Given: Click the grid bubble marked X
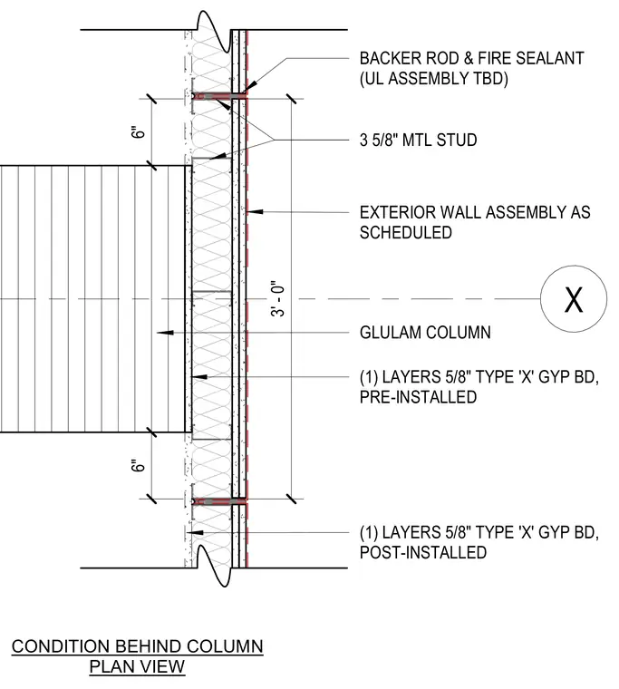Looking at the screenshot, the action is tap(574, 299).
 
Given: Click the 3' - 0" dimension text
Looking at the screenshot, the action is tap(278, 298).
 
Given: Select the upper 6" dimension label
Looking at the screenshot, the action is tap(138, 132).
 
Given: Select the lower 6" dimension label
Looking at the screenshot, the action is tap(138, 465).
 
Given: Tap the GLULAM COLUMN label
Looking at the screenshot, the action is tap(425, 333).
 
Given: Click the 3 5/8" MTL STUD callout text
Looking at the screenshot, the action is tap(418, 141).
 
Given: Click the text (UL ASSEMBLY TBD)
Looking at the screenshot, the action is tap(433, 79).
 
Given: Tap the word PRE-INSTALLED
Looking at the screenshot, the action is tap(418, 397).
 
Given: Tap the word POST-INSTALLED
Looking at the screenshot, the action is tap(422, 552).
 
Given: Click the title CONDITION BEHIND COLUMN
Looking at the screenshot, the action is tap(137, 646).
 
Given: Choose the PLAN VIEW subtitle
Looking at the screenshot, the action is tap(137, 666).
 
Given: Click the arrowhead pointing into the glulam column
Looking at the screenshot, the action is tap(165, 333).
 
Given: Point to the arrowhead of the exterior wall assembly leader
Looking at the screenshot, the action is tap(255, 212).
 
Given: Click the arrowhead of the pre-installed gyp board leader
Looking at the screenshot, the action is tap(199, 376).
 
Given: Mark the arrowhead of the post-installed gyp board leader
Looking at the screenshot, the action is tap(195, 532).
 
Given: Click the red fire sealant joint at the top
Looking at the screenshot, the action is tap(219, 96).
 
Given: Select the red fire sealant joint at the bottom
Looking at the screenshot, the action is tap(219, 501).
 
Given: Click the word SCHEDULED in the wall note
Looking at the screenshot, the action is tap(405, 232).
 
